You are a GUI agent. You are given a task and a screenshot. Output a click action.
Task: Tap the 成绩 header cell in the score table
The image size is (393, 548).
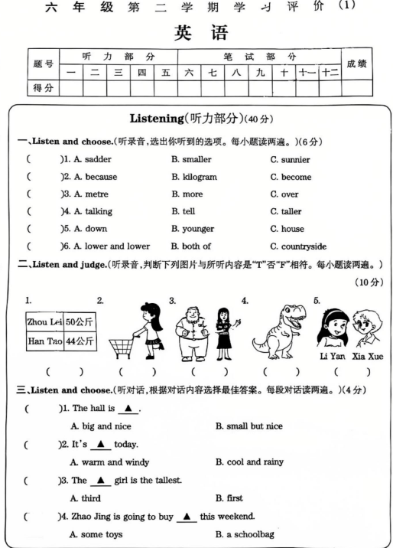(x=356, y=64)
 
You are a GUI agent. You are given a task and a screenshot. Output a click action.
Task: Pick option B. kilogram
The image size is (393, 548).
(x=194, y=177)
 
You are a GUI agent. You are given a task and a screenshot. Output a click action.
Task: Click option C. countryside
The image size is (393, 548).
(x=298, y=246)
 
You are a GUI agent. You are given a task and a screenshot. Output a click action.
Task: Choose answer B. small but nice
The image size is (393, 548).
(x=248, y=426)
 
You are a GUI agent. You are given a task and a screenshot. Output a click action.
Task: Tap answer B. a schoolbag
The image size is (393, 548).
(x=245, y=534)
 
